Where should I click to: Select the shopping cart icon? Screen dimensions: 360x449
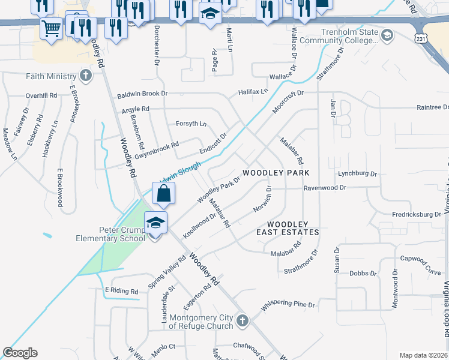[x=51, y=27]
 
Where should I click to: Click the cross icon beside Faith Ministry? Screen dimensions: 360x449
[x=86, y=76]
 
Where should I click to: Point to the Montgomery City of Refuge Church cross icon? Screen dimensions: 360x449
[x=242, y=320]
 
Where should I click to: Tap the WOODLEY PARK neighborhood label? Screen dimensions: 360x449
[x=276, y=173]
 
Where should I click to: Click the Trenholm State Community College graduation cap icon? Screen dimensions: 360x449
[x=387, y=37]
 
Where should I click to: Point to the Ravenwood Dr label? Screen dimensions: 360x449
[x=325, y=187]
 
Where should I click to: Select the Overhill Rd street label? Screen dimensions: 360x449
[x=41, y=95]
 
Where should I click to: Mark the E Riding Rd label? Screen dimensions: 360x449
[x=122, y=290]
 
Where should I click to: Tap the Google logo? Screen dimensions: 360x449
[x=20, y=353]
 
